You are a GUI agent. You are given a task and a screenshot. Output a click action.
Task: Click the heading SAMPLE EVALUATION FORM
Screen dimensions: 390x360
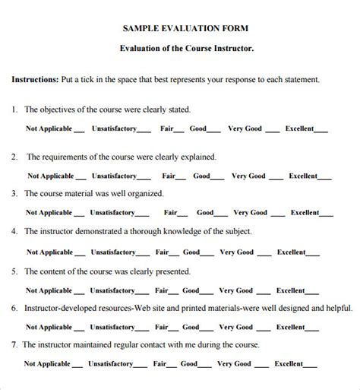185,28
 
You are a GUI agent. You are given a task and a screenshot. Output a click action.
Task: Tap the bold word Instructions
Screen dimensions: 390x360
34,79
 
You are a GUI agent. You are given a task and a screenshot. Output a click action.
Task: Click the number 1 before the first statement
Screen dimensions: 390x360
14,109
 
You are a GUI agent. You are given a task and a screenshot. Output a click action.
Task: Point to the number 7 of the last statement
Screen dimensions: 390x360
14,344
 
